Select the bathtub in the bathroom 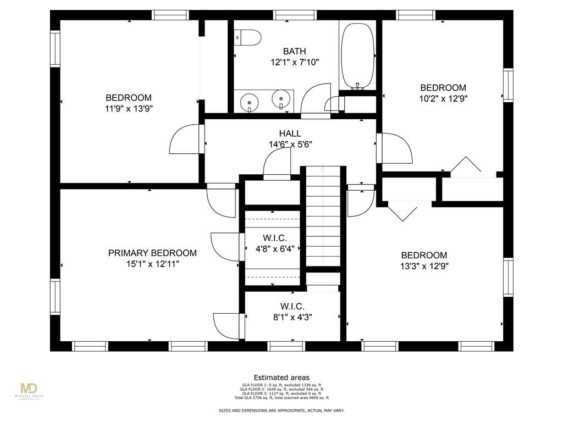tap(358, 55)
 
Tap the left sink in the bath tap(251, 101)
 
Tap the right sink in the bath tap(281, 101)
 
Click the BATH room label tap(294, 52)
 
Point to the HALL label tap(290, 134)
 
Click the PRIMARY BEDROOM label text tap(152, 253)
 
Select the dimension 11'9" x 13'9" tap(129, 109)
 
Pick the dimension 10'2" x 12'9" tap(443, 99)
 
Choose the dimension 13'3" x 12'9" tap(424, 266)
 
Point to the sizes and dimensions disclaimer tap(281, 410)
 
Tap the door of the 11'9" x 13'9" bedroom tap(184, 140)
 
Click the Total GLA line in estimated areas tap(281, 397)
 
